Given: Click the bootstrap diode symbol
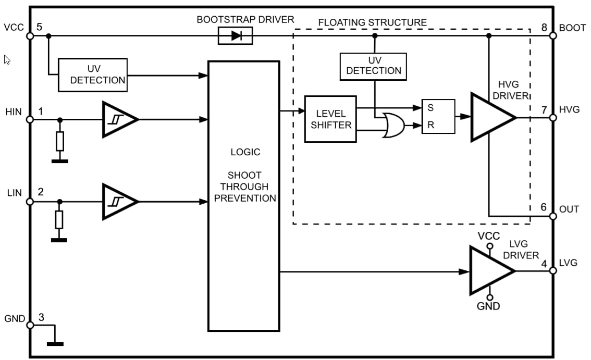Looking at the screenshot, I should (235, 36).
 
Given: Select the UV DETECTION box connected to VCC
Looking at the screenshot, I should (92, 75).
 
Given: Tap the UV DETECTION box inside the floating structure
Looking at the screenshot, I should (373, 66).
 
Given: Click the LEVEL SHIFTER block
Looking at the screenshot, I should (330, 119).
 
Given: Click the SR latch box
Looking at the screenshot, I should (438, 117).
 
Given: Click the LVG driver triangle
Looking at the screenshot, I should (490, 270).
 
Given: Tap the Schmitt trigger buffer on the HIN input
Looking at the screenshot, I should (119, 119).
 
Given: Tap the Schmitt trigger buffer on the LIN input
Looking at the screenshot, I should (119, 201).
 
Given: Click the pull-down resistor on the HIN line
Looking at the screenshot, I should (60, 141).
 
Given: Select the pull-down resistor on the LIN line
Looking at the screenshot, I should (59, 220).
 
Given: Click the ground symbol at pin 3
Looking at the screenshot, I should (55, 343).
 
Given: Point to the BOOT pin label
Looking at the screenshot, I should (572, 28).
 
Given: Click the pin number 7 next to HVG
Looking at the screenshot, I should (544, 110).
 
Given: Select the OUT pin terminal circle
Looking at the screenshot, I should (552, 216).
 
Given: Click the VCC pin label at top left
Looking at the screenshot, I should (14, 27).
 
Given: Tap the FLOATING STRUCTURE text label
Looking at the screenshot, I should (372, 22).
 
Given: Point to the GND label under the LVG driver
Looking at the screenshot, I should (488, 306).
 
